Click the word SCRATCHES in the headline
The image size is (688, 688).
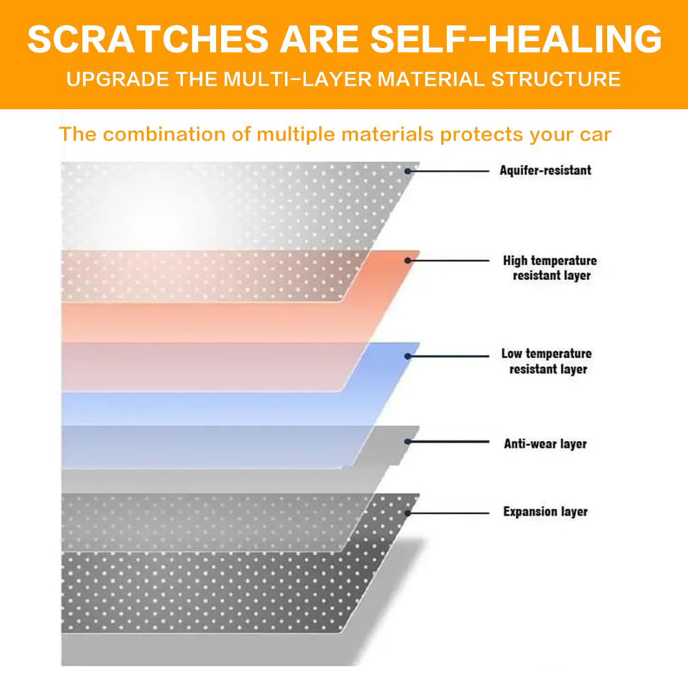148,39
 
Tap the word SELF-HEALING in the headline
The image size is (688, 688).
516,39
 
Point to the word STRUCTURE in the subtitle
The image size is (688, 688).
556,79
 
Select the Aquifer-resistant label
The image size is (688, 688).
545,170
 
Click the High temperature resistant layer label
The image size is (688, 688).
550,268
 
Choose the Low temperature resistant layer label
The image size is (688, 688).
547,361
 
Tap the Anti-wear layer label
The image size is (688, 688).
545,444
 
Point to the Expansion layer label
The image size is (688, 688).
545,512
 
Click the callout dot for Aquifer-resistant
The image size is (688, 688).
408,171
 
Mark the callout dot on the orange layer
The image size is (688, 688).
408,261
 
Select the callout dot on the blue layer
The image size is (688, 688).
408,356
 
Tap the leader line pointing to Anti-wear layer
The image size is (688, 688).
448,442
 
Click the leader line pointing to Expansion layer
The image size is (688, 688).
448,513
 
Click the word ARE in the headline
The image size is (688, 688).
320,39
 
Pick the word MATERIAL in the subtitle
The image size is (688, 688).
431,79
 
